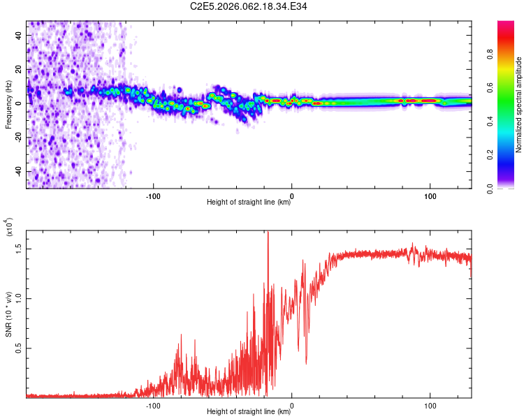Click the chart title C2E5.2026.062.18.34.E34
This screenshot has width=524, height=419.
point(249,6)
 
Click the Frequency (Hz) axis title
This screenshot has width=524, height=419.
point(9,105)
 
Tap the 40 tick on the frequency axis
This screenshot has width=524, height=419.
point(19,35)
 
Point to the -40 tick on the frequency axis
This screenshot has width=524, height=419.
point(17,172)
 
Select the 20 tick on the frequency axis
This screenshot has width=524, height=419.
point(19,69)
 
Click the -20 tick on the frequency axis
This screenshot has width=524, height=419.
point(17,138)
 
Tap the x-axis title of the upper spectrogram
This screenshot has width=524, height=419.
point(249,203)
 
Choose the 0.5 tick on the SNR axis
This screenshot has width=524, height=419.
point(18,348)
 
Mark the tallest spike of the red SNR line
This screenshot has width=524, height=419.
point(268,233)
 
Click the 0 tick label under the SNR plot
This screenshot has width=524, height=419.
point(292,404)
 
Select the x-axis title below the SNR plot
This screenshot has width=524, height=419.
point(249,412)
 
